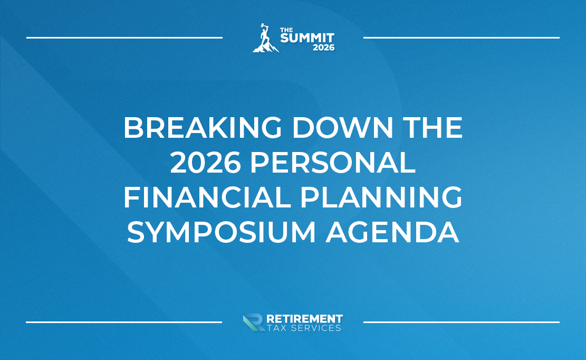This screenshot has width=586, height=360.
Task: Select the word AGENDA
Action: coord(392,233)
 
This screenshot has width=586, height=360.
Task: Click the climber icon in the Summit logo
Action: coord(264,39)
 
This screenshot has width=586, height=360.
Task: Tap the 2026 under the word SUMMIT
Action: coord(323,48)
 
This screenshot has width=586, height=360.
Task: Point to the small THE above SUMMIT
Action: coord(285,30)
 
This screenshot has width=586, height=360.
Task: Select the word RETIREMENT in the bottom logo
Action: coord(304,319)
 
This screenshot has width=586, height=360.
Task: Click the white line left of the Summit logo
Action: coord(124,37)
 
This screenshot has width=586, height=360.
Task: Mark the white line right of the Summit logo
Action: coord(461,37)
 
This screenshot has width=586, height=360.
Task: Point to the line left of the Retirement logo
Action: coord(124,321)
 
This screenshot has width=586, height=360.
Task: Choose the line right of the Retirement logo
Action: coord(461,321)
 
